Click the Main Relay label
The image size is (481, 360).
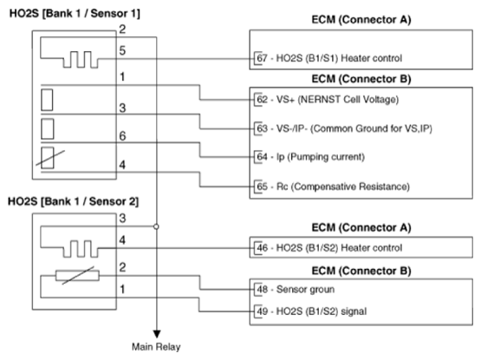coord(156,347)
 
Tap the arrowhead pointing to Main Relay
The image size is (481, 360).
coord(157,334)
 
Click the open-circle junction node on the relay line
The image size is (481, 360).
coord(156,226)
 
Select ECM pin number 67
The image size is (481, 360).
coord(262,58)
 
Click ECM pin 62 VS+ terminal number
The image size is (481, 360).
coord(262,100)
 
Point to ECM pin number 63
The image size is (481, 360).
coord(262,128)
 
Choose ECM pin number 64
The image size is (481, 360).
coord(262,157)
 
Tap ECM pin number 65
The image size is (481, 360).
coord(262,187)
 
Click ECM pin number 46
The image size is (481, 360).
coord(262,247)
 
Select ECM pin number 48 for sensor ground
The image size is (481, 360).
coord(262,290)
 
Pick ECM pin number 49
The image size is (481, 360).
coord(262,311)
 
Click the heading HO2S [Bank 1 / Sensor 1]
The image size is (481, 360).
coord(75,14)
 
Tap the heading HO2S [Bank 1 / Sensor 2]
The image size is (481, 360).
coord(73,201)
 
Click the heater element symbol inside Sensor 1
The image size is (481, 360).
coord(81,59)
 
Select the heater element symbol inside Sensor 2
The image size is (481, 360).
coord(81,249)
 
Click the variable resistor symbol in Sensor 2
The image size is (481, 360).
coord(78,276)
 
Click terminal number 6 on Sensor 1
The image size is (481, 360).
coord(122,136)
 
